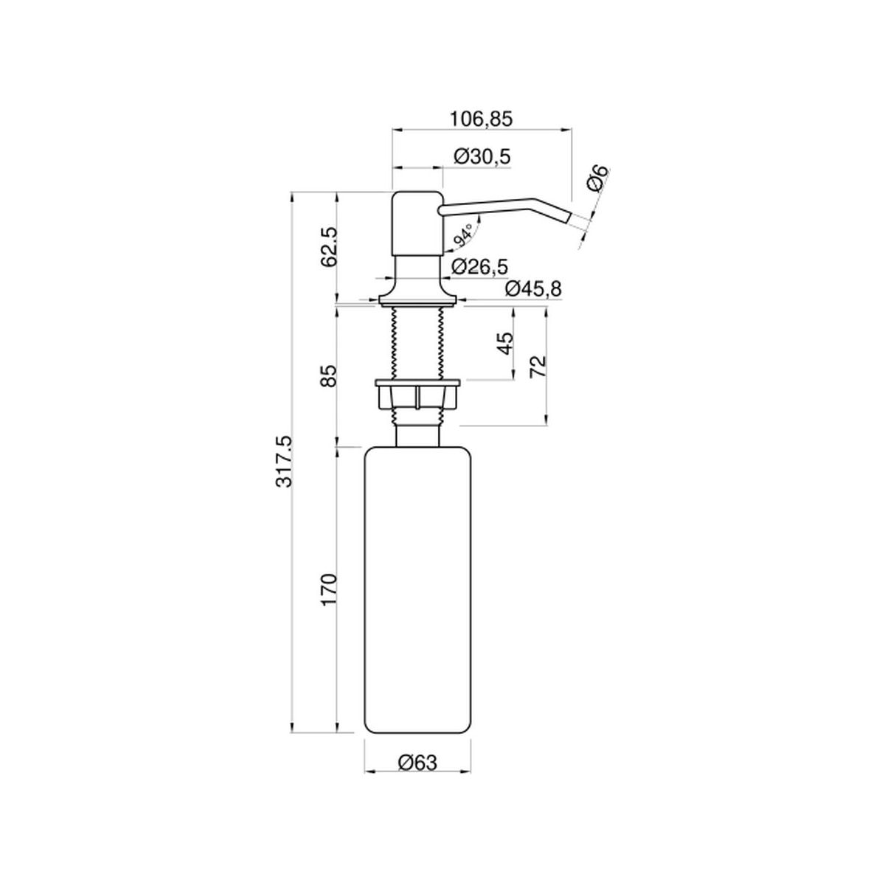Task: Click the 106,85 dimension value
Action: coord(480,119)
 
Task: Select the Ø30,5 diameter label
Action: coord(482,157)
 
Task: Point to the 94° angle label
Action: coord(463,235)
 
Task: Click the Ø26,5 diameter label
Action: coord(479,265)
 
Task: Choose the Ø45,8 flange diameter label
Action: coord(532,289)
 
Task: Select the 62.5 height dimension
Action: coord(329,247)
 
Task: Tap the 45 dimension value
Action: coord(505,343)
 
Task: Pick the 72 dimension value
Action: coord(538,366)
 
